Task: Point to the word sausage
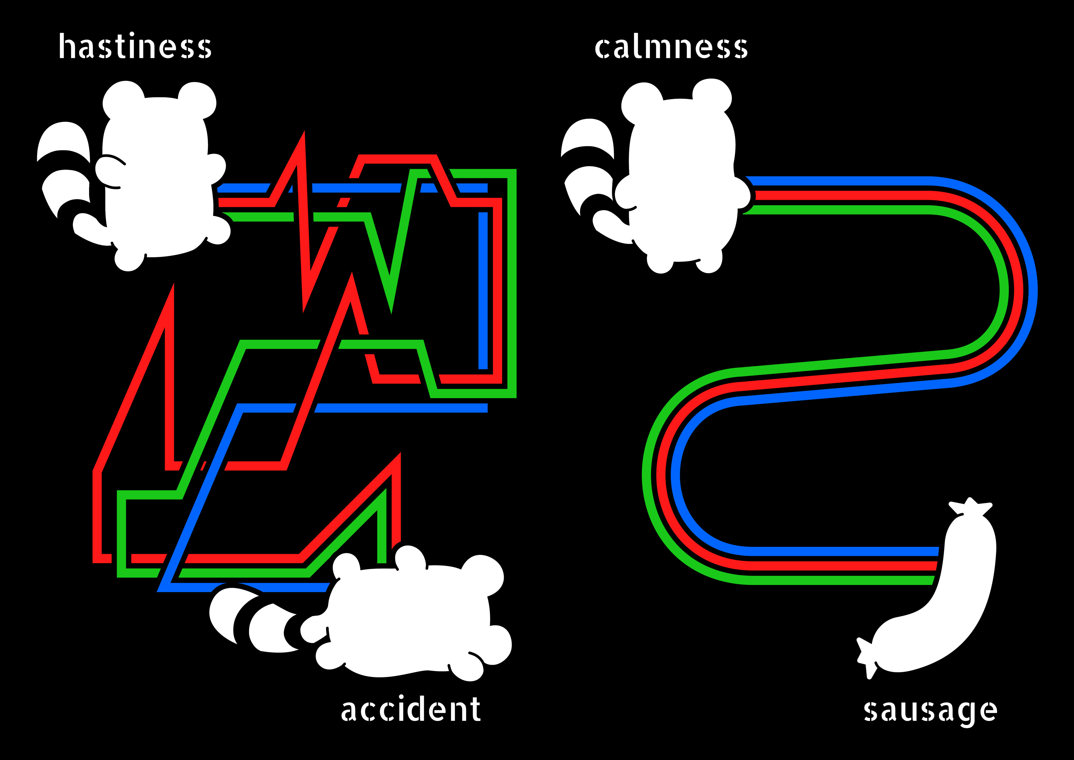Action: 930,711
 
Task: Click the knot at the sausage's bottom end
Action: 866,658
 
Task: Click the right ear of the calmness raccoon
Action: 712,96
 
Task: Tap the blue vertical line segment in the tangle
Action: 483,290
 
